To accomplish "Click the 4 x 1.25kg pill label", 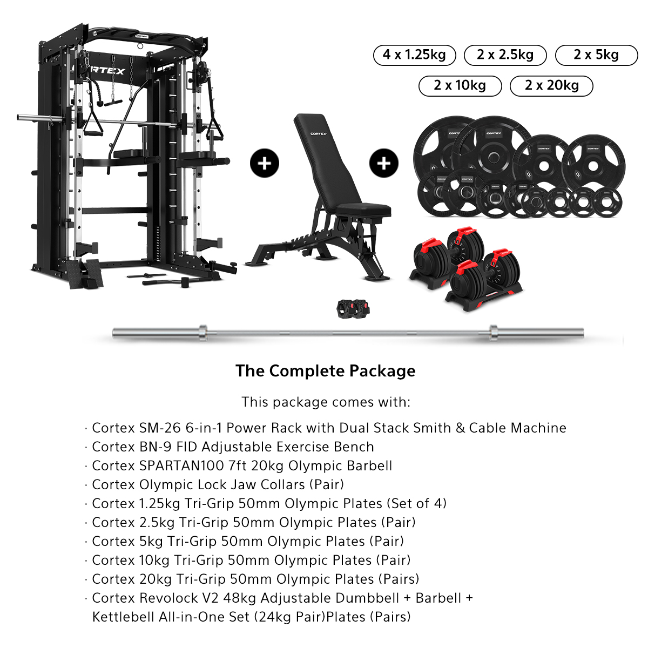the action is point(414,55).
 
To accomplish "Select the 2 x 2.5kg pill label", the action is point(505,55).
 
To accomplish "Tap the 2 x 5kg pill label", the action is point(596,55).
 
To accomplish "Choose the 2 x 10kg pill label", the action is point(460,86).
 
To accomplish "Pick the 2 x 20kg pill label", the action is point(551,86).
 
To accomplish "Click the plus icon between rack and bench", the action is point(264,163).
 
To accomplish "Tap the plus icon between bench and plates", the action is point(384,163).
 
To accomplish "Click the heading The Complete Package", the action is point(325,370).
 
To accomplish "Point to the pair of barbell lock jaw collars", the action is point(353,308).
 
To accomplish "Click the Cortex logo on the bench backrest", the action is point(318,134).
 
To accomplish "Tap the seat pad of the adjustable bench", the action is point(363,210).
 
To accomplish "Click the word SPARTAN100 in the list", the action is point(181,465).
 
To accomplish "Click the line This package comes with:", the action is point(326,402).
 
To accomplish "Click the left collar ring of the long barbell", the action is point(203,333).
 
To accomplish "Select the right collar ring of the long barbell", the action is point(494,333).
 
